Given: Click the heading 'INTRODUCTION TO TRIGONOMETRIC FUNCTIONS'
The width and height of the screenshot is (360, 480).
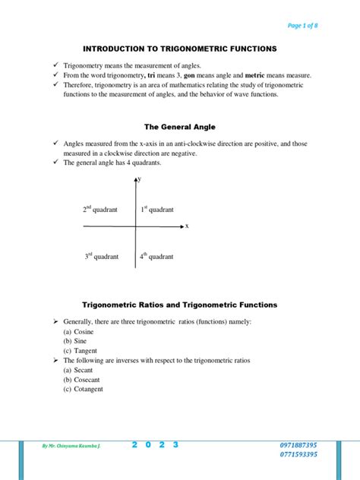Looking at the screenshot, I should click(x=180, y=49).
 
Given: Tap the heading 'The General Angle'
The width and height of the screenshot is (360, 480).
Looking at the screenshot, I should click(x=180, y=126).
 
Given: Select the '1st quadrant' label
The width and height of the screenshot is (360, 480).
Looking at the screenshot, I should click(x=156, y=209).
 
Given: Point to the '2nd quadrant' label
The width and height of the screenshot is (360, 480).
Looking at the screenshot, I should click(x=99, y=209).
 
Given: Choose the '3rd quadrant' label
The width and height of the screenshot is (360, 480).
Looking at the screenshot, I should click(x=101, y=257).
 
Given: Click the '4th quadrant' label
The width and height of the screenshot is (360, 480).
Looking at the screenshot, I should click(x=156, y=257).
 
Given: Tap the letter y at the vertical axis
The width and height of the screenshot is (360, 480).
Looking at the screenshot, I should click(x=141, y=178).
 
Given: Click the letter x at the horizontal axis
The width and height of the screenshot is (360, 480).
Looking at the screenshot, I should click(x=187, y=226).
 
